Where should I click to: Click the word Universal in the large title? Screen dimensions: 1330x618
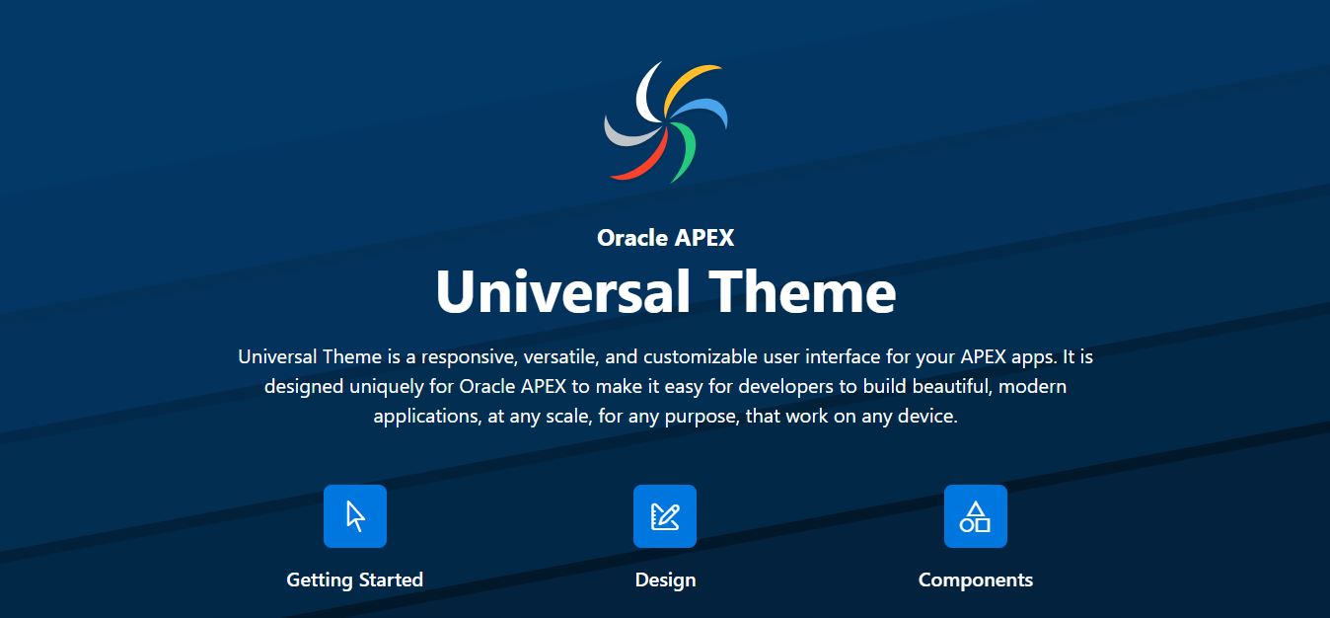tap(562, 291)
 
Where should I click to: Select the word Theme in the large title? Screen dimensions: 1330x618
tap(803, 291)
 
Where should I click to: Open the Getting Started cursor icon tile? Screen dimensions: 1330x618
tap(355, 515)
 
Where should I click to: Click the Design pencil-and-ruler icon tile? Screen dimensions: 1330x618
tap(665, 515)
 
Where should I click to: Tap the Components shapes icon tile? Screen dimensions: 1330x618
tap(976, 515)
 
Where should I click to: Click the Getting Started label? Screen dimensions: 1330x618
tap(354, 579)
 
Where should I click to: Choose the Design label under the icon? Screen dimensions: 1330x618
tap(665, 579)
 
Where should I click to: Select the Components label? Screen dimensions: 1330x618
tap(976, 579)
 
